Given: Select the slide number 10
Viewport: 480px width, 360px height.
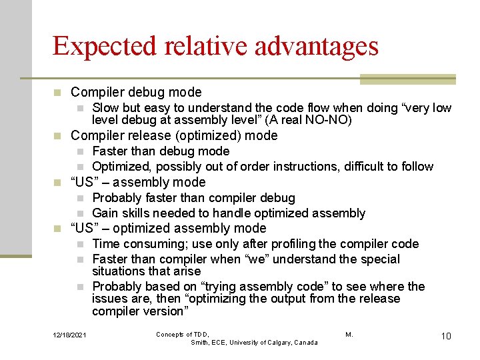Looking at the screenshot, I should [445, 335].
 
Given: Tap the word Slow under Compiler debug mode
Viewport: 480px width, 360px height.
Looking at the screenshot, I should [107, 108].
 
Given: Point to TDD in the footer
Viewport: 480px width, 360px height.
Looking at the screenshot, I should [201, 334].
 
